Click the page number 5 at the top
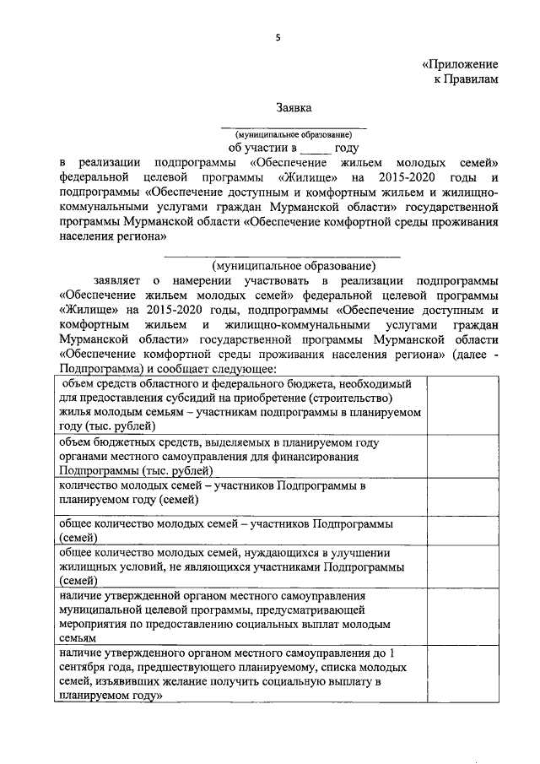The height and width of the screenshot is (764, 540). coord(277,35)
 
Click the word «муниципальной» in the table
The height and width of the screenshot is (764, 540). coord(97,609)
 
